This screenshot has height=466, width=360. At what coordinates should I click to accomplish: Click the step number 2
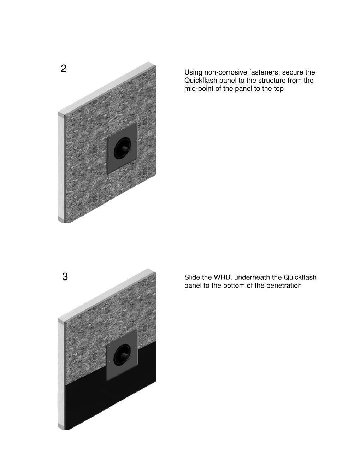pos(64,69)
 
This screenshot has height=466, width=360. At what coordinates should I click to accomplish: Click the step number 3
pos(65,277)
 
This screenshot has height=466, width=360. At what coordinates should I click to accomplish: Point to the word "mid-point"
pos(199,89)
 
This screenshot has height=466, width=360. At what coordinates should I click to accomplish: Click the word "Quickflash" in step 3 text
pos(300,277)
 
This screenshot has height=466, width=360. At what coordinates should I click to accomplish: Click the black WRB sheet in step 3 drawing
pos(90,403)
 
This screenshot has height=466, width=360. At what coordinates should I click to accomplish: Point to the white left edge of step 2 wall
pos(61,167)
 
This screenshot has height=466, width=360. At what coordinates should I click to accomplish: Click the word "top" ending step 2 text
pos(279,89)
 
